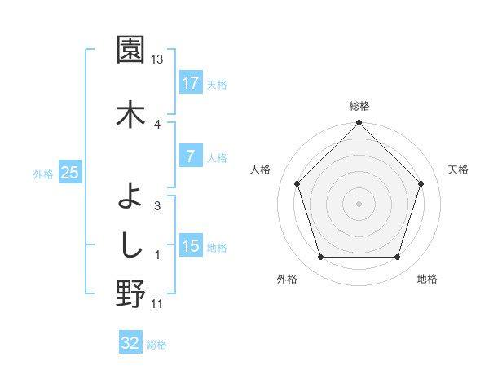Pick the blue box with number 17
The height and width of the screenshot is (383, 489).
(190, 83)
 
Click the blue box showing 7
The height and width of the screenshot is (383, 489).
(190, 156)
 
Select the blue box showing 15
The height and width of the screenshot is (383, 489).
(190, 246)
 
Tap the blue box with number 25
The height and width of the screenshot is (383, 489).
(69, 173)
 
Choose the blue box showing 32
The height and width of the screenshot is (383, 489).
(130, 343)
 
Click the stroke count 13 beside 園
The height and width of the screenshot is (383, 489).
(157, 59)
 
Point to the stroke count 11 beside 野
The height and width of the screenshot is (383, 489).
(157, 304)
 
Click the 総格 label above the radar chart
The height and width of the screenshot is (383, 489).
(359, 107)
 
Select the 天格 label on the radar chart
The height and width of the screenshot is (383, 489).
(458, 169)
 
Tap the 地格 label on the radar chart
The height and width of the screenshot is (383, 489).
(427, 280)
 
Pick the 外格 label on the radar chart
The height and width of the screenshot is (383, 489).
(287, 280)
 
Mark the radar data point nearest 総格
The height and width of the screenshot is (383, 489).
(359, 124)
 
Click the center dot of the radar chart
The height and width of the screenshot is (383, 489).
(359, 203)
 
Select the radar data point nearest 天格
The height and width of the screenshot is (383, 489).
(421, 183)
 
